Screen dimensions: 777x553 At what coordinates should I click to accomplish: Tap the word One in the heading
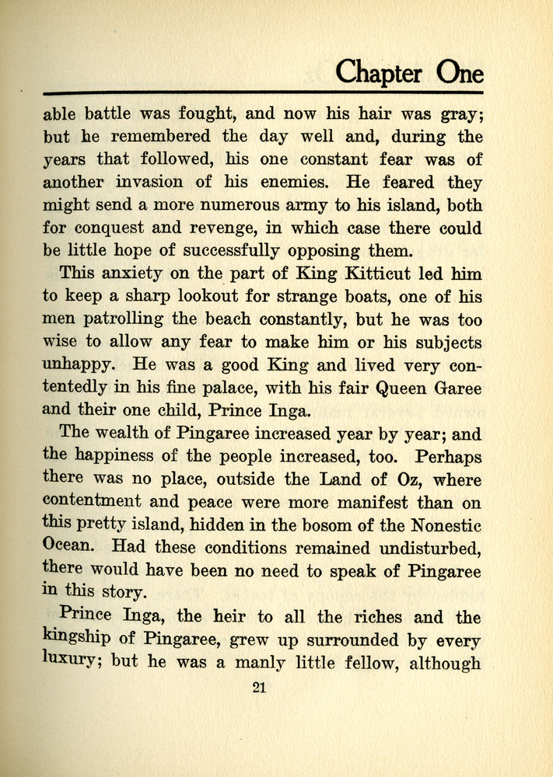pyautogui.click(x=459, y=73)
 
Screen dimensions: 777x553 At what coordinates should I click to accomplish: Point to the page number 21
pyautogui.click(x=260, y=687)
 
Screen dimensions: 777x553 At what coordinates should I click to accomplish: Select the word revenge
pyautogui.click(x=242, y=229)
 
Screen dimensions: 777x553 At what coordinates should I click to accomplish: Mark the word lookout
pyautogui.click(x=196, y=296)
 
